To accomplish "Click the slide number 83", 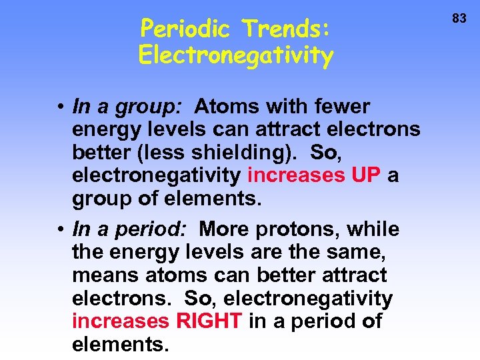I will (x=459, y=19).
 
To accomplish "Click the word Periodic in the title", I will (x=187, y=29).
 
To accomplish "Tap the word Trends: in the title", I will (x=287, y=29).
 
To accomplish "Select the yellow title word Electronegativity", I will (x=235, y=56).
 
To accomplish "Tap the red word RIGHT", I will (x=209, y=321).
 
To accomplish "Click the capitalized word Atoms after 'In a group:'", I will (x=223, y=106).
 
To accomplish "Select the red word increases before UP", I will (x=294, y=175).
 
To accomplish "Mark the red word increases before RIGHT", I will (x=121, y=321).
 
